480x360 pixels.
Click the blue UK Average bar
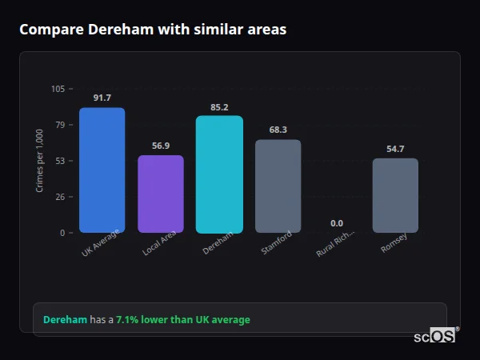[x=102, y=170]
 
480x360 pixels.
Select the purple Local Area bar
[x=161, y=194]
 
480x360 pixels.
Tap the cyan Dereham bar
[x=219, y=174]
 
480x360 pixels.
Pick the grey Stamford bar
[x=278, y=186]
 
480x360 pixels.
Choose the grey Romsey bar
[x=395, y=195]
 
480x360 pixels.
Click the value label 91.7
[x=102, y=98]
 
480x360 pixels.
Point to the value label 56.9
[x=161, y=146]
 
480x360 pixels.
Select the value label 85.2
[x=219, y=106]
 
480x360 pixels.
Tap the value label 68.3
[x=278, y=130]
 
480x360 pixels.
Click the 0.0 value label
[x=337, y=223]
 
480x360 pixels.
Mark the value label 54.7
[x=395, y=149]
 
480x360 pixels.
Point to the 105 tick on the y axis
[x=58, y=89]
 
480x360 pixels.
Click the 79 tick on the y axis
[x=60, y=125]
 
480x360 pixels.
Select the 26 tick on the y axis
[x=60, y=197]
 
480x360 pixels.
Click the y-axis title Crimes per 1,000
[x=40, y=161]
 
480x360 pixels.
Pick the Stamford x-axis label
[x=277, y=243]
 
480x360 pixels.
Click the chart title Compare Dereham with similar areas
[x=153, y=30]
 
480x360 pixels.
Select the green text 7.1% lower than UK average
[x=182, y=320]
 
